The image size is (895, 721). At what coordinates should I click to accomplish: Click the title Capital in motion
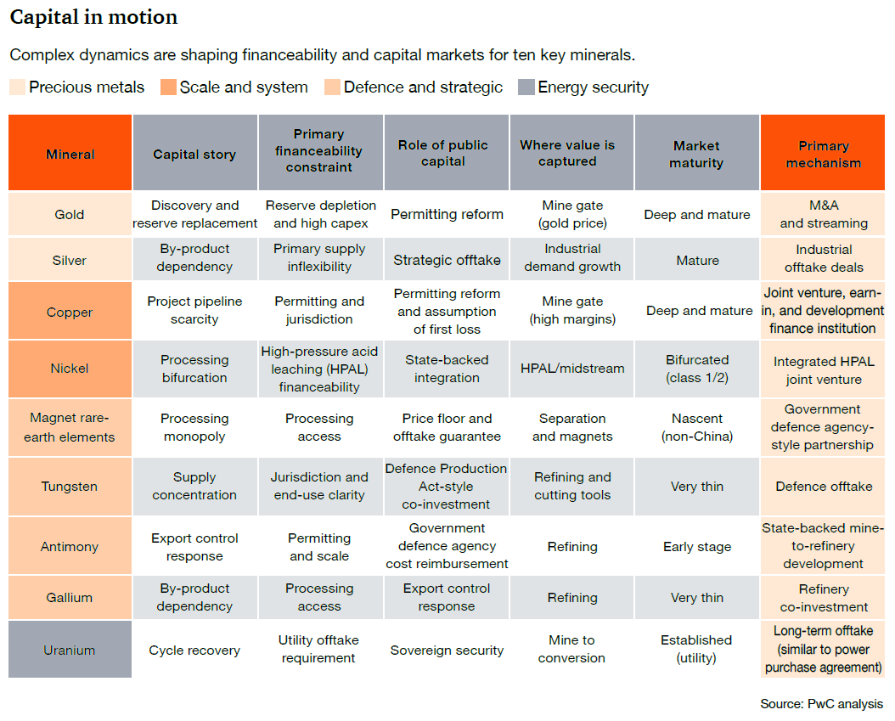click(x=93, y=17)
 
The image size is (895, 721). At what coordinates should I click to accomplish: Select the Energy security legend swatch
click(x=526, y=87)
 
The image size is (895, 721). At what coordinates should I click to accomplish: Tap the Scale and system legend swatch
click(x=168, y=87)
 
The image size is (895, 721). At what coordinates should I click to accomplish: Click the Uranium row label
click(x=70, y=651)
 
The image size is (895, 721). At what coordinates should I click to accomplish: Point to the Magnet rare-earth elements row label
click(x=70, y=427)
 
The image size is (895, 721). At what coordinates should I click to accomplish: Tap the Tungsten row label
click(x=70, y=487)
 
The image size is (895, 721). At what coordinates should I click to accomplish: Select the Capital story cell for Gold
click(x=194, y=214)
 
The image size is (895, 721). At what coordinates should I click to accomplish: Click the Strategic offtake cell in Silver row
click(x=447, y=261)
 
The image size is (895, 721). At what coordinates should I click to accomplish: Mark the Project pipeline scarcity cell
click(x=194, y=310)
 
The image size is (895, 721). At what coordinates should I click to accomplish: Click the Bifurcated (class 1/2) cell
click(x=697, y=369)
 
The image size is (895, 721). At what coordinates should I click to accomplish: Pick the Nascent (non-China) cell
click(x=697, y=427)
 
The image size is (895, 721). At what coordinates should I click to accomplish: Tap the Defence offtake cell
click(x=824, y=487)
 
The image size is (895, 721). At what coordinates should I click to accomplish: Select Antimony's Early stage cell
click(x=697, y=547)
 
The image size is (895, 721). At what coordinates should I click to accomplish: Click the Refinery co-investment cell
click(x=824, y=598)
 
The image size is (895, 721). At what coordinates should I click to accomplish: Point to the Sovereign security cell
click(x=447, y=651)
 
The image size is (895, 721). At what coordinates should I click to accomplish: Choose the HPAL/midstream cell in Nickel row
click(x=572, y=369)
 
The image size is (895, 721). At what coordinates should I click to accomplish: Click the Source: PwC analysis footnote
click(x=821, y=704)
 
